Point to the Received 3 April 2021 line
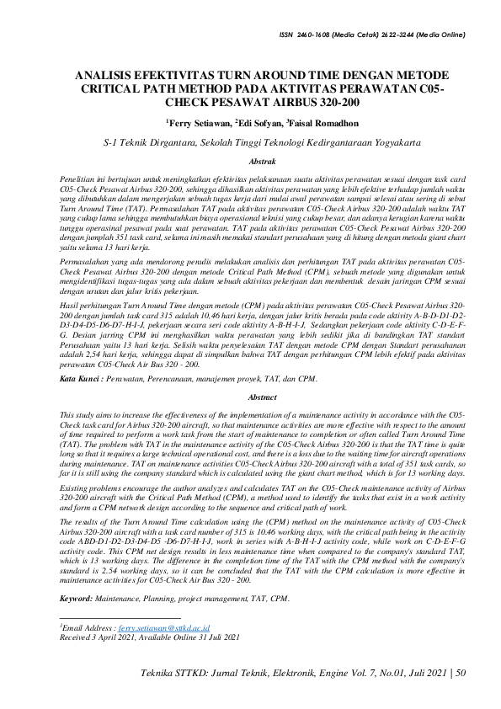pyautogui.click(x=97, y=637)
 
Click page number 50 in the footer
pyautogui.click(x=460, y=673)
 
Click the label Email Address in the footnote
pyautogui.click(x=87, y=628)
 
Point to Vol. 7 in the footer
pyautogui.click(x=361, y=673)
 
